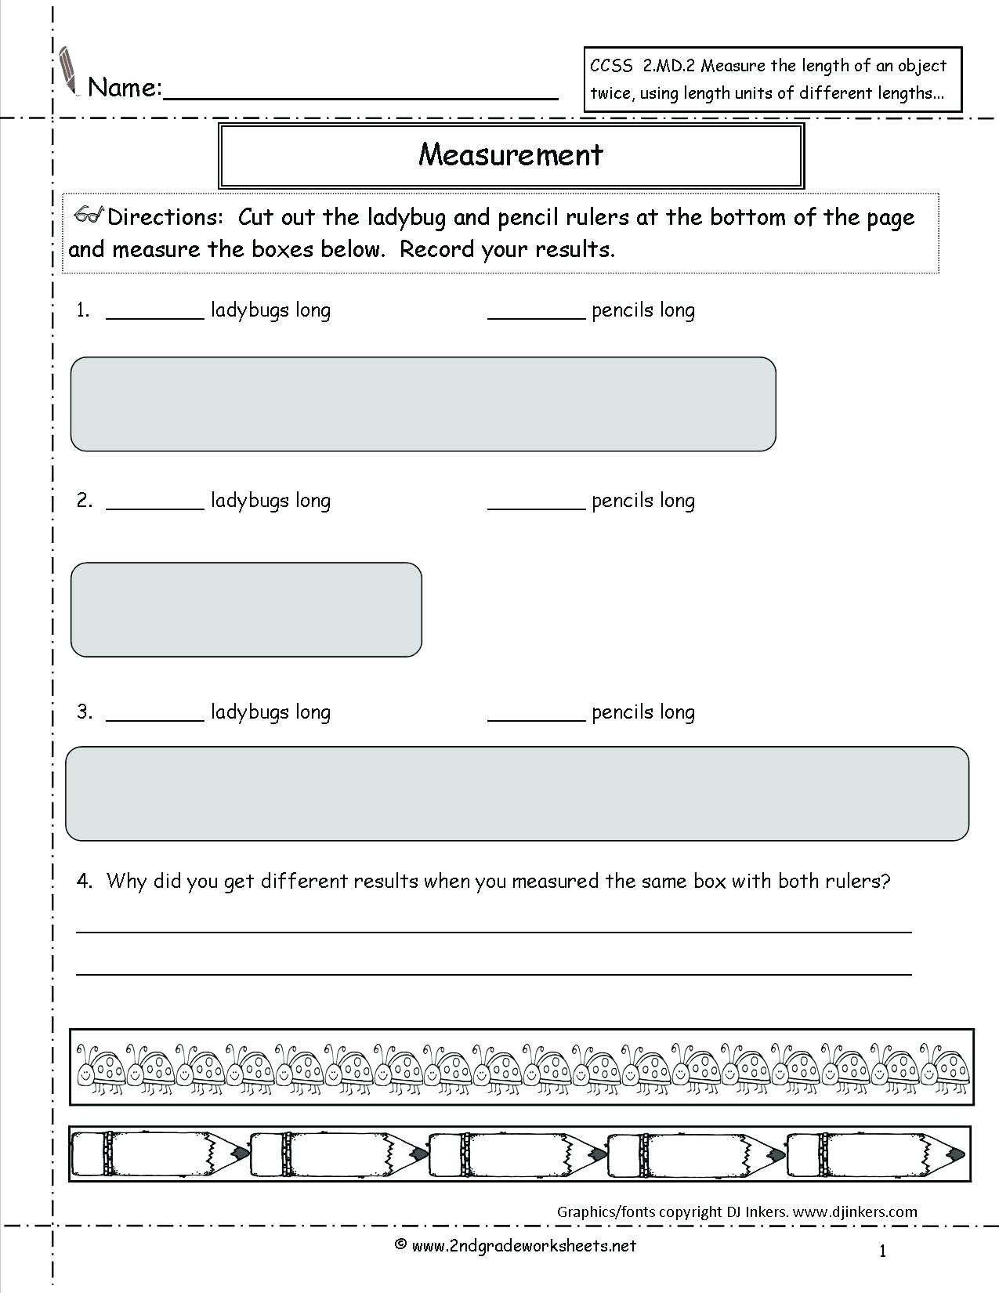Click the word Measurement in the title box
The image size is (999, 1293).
[511, 154]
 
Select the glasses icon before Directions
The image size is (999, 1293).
[88, 216]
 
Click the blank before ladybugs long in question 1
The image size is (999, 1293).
[154, 314]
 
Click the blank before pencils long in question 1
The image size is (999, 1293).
[536, 314]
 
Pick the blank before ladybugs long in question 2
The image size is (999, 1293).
[154, 505]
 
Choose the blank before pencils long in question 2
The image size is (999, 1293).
[536, 505]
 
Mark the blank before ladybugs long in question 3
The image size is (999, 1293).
[154, 716]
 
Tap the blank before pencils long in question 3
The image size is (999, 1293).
[536, 716]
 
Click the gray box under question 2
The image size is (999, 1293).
[246, 609]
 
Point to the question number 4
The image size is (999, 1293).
[85, 881]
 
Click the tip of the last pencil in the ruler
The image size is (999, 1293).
[956, 1154]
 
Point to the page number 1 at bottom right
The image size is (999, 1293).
[882, 1251]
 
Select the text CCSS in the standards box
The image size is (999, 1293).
[611, 67]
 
